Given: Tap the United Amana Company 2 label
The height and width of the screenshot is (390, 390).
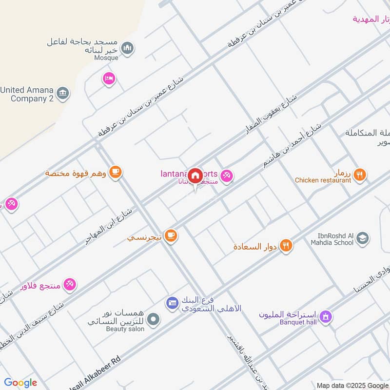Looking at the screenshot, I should click(27, 94).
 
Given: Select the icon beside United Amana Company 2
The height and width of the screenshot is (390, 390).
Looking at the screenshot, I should click(63, 93).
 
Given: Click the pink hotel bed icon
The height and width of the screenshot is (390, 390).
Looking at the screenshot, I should click(109, 78).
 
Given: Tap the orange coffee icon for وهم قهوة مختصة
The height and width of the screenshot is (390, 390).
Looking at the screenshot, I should click(116, 172).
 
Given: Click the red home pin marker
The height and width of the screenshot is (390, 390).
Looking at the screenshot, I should click(195, 175).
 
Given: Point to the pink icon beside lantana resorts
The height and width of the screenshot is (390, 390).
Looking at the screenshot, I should click(227, 175).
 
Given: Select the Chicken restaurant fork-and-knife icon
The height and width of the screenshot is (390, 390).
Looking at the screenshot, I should click(359, 174).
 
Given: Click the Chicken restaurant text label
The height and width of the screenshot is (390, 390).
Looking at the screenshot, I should click(323, 180).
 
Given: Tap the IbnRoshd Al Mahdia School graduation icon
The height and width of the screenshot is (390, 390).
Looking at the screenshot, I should click(362, 238).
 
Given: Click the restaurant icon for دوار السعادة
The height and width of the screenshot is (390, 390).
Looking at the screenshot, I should click(286, 246).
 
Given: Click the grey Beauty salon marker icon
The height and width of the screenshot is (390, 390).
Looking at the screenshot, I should click(154, 320).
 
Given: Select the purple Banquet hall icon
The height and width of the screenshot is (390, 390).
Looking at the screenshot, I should click(327, 316).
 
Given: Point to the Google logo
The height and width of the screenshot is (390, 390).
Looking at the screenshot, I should click(20, 383).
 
